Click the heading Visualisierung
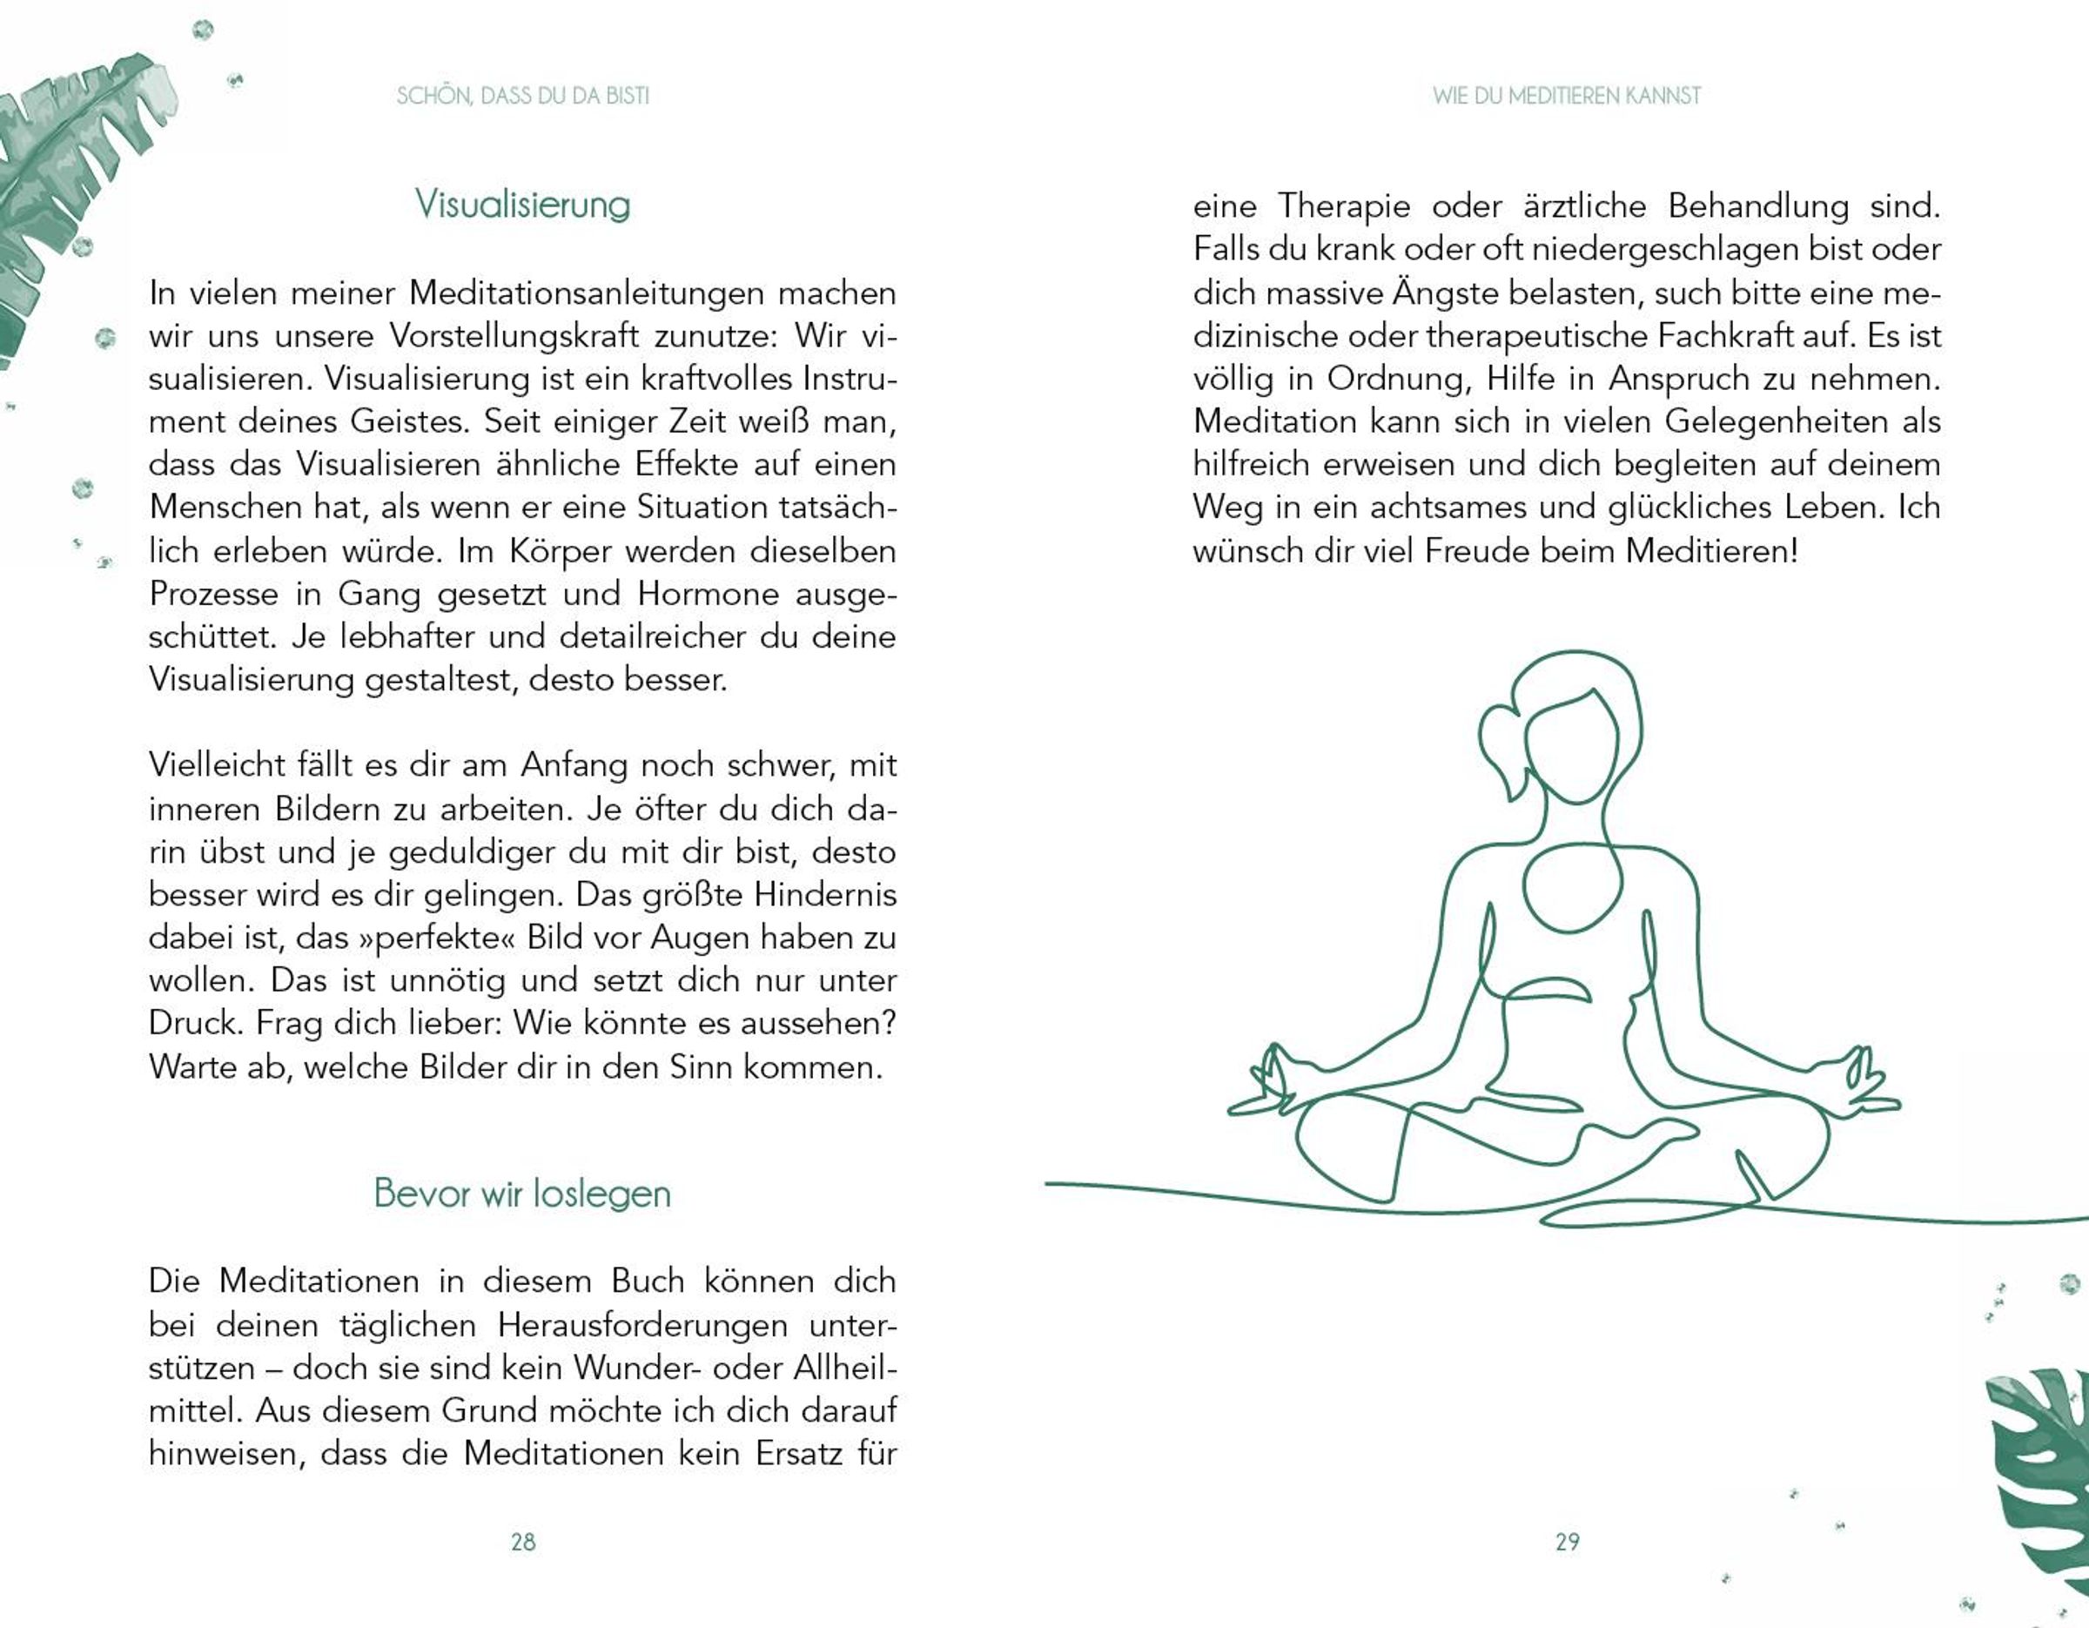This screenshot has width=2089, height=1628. (x=522, y=204)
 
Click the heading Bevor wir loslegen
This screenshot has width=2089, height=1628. (x=522, y=1193)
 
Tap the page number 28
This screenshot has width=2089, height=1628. (x=522, y=1542)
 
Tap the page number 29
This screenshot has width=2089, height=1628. (x=1567, y=1542)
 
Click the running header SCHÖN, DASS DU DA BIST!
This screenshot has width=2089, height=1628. (x=522, y=96)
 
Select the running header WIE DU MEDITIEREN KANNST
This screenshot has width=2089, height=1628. (x=1567, y=96)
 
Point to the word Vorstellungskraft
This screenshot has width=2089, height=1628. (x=514, y=336)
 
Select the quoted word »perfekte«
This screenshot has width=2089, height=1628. (x=437, y=938)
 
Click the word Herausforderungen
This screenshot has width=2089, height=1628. (x=641, y=1325)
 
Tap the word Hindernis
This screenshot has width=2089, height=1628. (x=824, y=894)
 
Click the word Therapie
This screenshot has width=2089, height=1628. (x=1344, y=205)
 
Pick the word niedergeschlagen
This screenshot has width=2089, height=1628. (x=1664, y=249)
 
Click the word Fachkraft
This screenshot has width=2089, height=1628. (x=1724, y=336)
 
